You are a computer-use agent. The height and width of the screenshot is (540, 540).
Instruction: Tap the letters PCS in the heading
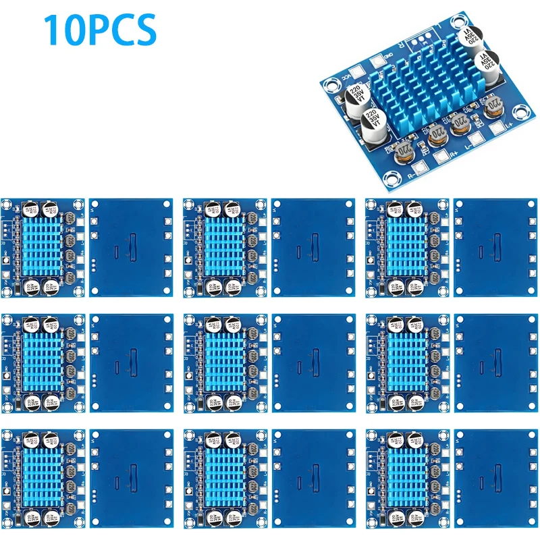121,30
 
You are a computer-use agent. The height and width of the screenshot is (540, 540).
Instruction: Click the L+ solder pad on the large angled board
498,126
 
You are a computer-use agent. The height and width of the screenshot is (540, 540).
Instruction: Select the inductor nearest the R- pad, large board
405,150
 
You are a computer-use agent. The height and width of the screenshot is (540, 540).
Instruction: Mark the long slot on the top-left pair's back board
133,247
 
